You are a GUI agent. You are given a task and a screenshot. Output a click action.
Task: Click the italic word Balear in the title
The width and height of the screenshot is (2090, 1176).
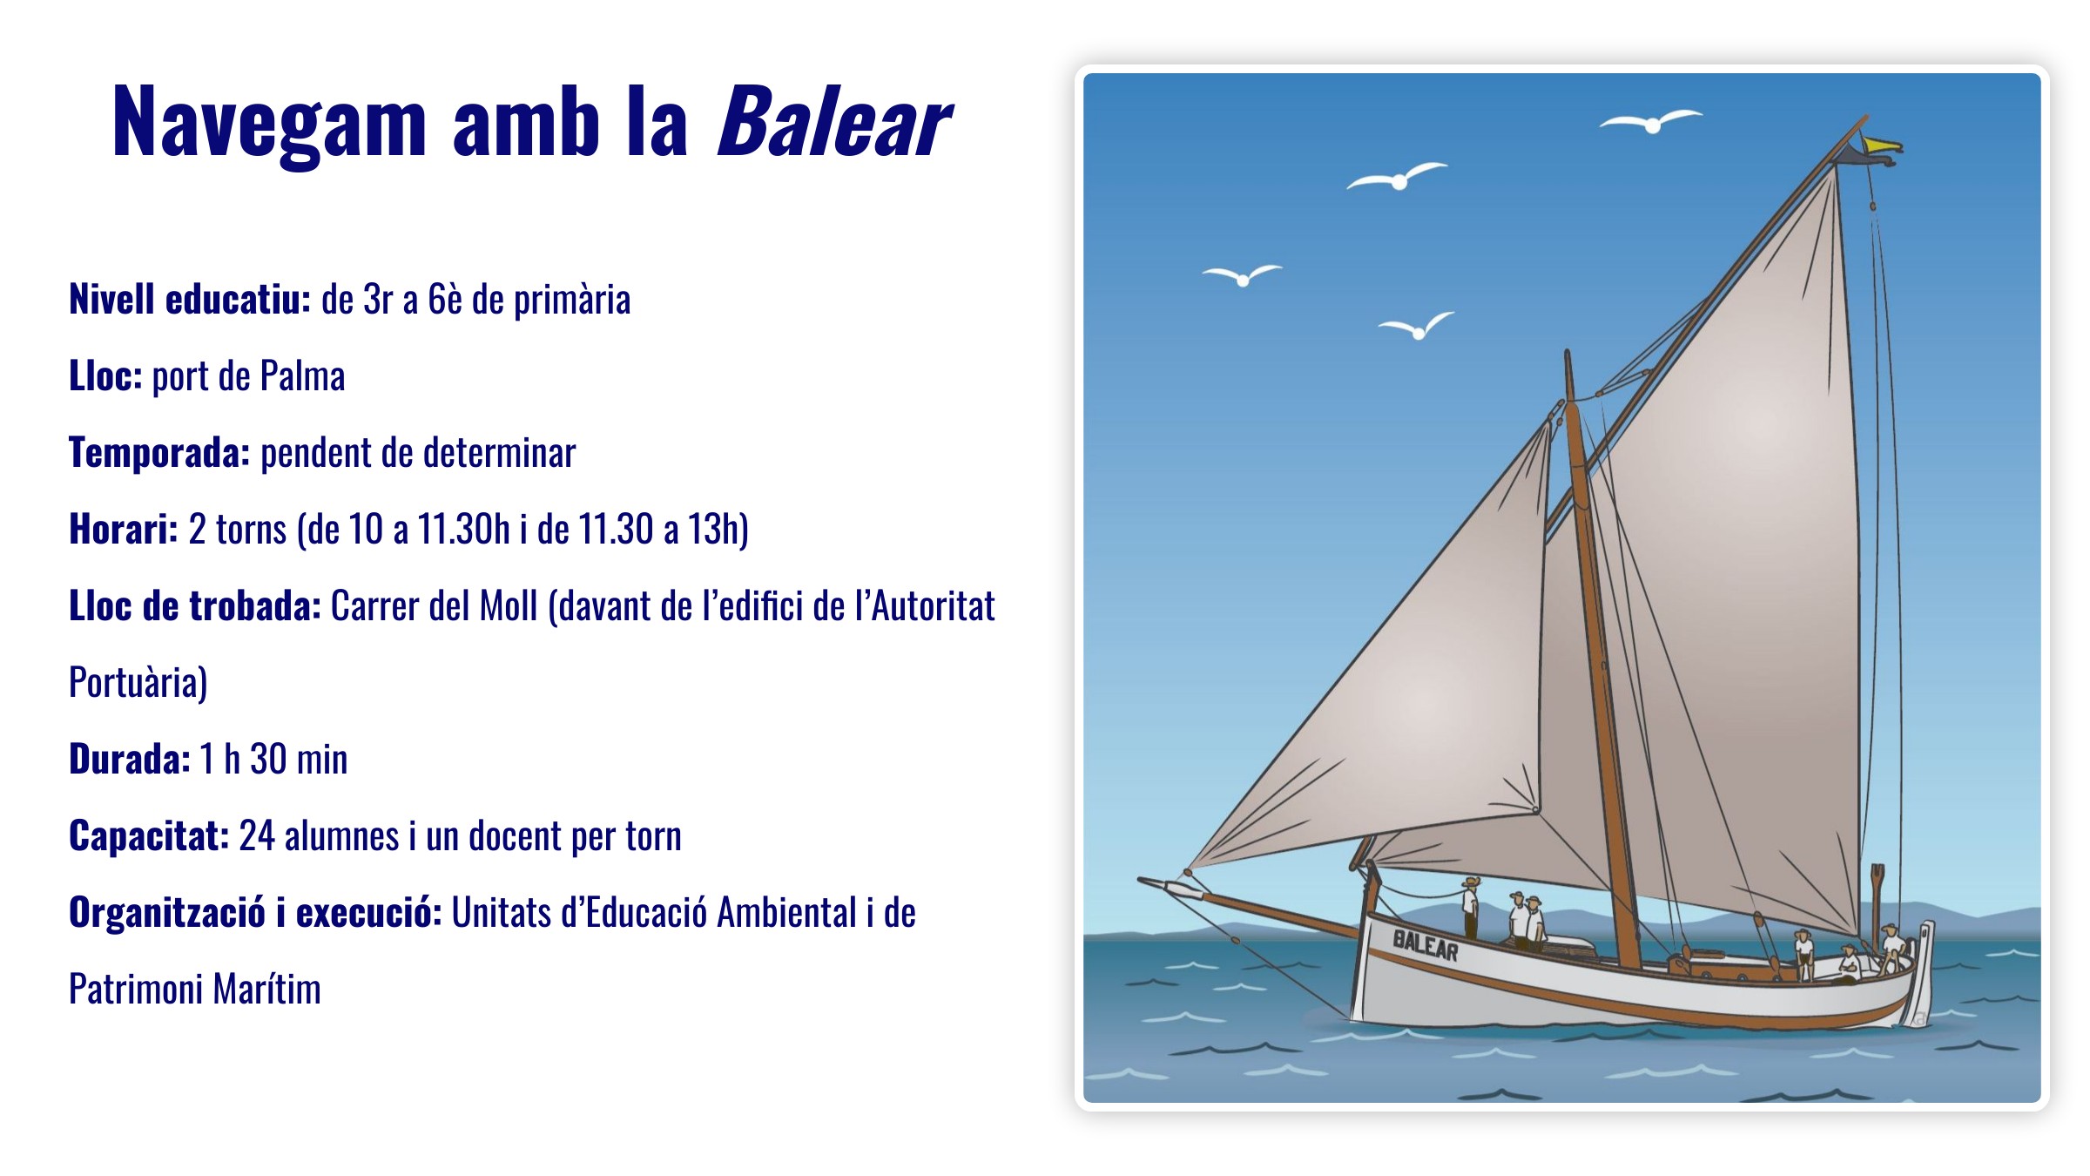833,123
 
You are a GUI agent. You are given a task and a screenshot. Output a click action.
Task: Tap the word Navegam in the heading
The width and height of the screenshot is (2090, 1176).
270,123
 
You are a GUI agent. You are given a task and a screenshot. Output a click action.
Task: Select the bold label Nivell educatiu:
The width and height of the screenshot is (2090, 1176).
190,300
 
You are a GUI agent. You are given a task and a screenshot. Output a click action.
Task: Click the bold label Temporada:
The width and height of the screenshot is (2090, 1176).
159,453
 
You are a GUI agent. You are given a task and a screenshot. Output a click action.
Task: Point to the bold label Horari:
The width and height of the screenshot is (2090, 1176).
124,530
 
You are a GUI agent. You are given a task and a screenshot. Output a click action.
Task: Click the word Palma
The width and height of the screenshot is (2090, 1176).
302,376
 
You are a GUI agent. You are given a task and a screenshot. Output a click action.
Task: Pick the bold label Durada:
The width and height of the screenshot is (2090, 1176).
130,760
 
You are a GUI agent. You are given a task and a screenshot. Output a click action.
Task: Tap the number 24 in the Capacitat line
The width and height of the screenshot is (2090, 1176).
257,836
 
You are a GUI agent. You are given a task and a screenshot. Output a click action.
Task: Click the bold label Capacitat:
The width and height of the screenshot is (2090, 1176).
149,836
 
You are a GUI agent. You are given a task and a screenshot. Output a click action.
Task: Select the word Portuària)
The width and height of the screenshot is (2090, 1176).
138,683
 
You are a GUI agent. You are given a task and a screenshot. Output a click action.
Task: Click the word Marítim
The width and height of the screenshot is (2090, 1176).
266,990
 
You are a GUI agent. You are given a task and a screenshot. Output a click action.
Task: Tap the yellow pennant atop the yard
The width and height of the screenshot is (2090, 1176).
1881,145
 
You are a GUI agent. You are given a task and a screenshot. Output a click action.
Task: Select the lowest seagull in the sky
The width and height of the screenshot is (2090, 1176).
1417,326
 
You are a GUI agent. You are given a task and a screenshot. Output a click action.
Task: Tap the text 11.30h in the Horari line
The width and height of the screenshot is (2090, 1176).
463,530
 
